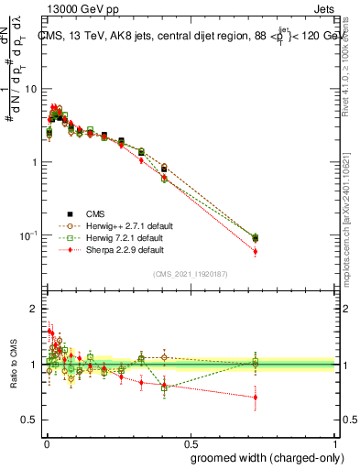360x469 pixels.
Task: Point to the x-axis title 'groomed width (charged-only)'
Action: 262,456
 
